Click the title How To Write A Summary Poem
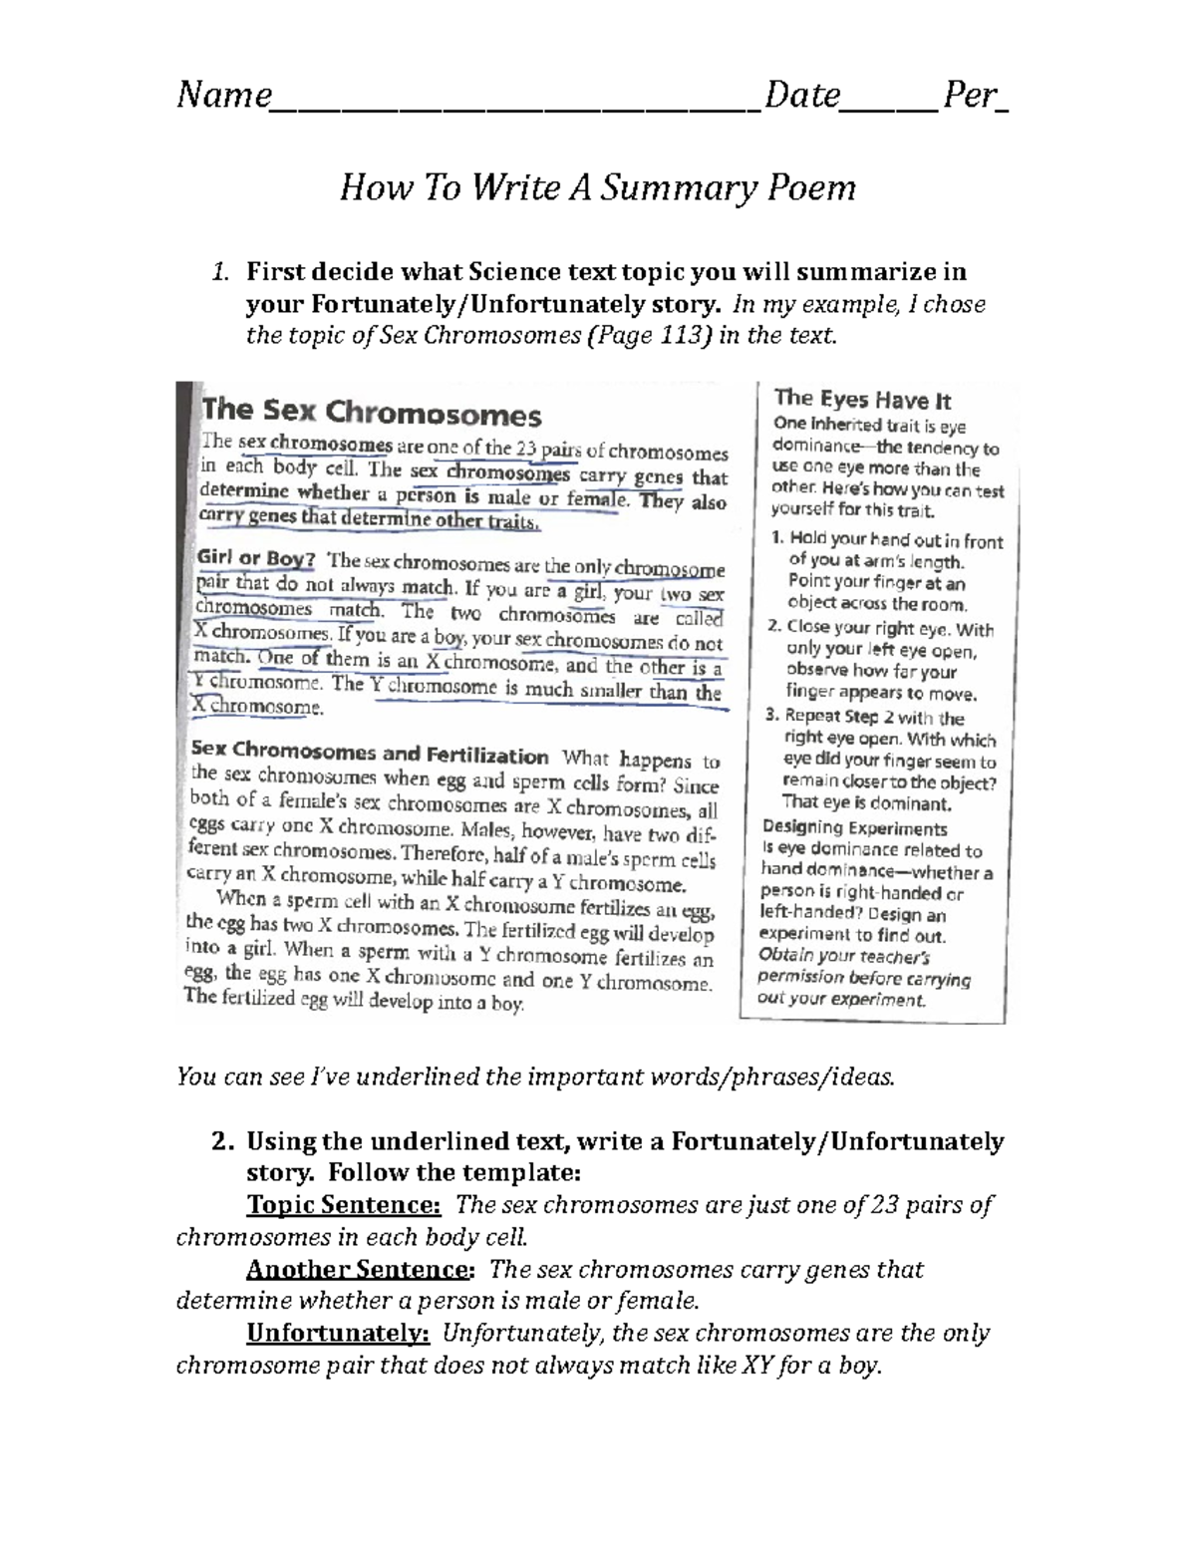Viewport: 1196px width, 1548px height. tap(598, 186)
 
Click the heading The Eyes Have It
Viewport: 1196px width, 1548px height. tap(862, 400)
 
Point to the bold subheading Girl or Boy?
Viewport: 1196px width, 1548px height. tap(256, 558)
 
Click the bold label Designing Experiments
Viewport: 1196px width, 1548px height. tap(854, 828)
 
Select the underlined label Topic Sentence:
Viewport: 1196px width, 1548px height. tap(343, 1205)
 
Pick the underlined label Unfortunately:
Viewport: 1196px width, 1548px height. tap(338, 1333)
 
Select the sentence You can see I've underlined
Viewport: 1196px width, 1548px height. tap(536, 1077)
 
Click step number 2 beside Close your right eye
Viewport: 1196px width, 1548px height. tap(773, 628)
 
